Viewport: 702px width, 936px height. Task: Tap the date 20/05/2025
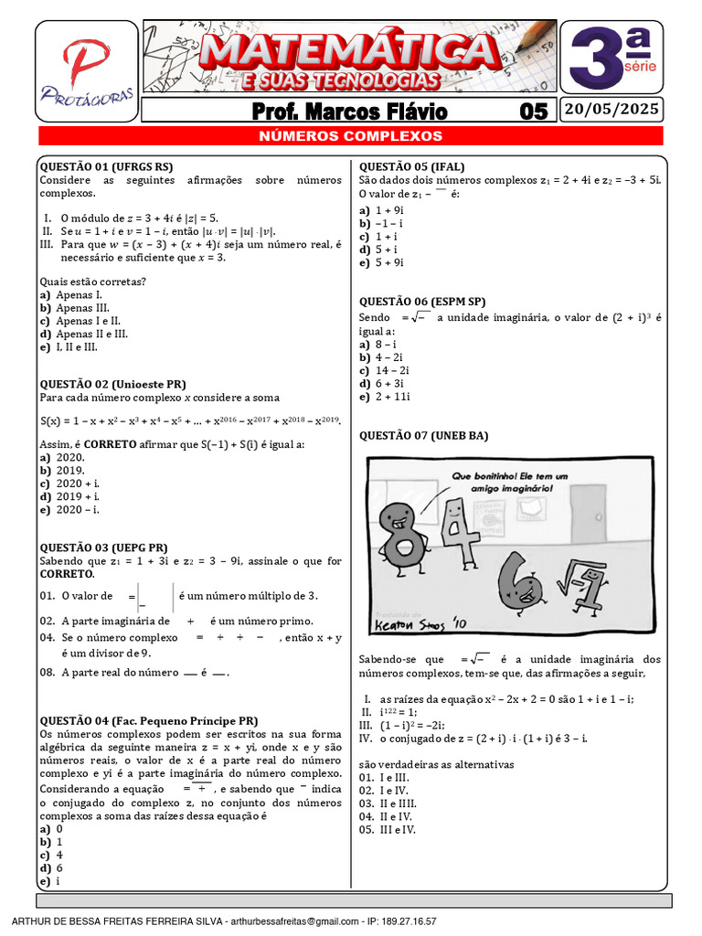coord(612,111)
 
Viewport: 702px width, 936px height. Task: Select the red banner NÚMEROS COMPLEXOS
coord(350,136)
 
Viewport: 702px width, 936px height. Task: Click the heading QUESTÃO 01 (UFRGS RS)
coord(106,166)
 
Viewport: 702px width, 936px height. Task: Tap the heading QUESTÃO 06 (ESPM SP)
coord(421,301)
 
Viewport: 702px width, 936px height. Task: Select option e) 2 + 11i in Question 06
coord(389,397)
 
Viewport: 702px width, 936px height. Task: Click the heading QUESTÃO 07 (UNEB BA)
coord(423,436)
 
